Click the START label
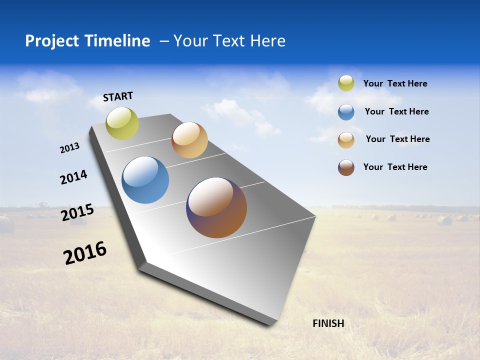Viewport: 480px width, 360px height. [x=118, y=96]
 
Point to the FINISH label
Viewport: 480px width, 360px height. [x=328, y=323]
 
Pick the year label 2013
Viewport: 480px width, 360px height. [x=70, y=148]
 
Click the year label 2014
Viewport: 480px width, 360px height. [x=74, y=177]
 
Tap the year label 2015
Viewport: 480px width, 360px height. [x=77, y=212]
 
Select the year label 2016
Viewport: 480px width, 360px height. [x=85, y=253]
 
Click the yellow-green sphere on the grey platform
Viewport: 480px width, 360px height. [x=122, y=123]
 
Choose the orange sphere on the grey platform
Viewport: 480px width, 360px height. [x=189, y=140]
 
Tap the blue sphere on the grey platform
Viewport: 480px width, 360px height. [x=145, y=180]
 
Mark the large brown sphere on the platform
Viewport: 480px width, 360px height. [x=216, y=207]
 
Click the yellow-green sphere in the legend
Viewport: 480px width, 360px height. [x=346, y=83]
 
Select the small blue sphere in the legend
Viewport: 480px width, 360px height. [x=346, y=112]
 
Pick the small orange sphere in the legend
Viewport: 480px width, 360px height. [x=346, y=140]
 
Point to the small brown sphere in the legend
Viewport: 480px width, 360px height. [x=346, y=167]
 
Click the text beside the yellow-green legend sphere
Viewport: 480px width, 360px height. [x=395, y=83]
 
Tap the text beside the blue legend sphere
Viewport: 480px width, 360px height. [x=396, y=111]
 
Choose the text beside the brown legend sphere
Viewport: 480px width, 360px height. [x=395, y=167]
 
